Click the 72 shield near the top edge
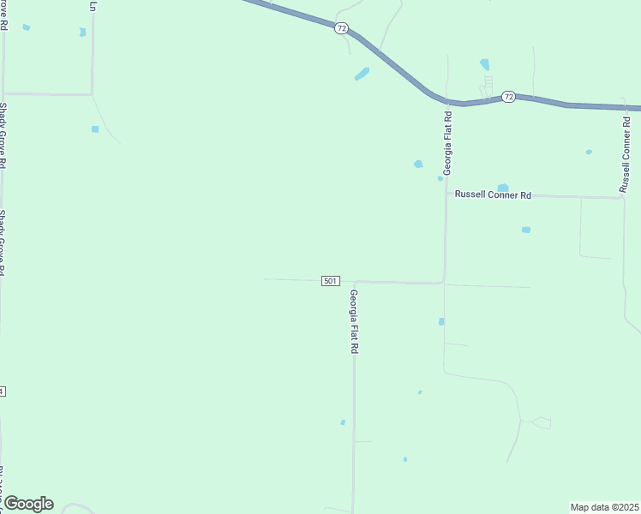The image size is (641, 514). point(342,28)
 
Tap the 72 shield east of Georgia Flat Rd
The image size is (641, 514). point(508,97)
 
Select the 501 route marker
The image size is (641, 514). point(331,281)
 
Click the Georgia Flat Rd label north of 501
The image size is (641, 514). point(447,142)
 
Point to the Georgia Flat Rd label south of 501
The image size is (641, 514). point(353,322)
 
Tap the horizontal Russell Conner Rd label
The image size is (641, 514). point(493,195)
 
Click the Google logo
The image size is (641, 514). point(28,504)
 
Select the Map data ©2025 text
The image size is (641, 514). point(605,507)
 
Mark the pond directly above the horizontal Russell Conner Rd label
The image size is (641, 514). point(503,188)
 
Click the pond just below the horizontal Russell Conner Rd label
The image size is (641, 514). point(525,230)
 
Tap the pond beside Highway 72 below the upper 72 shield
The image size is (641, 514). point(362,75)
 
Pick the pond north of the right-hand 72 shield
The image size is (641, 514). point(485,64)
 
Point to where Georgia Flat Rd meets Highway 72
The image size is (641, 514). point(446,99)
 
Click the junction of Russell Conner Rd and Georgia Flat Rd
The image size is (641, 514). point(446,194)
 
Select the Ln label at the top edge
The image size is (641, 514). point(93,5)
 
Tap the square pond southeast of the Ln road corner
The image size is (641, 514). point(95,129)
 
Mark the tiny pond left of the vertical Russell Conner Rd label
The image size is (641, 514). point(589,152)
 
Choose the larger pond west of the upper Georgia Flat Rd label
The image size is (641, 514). point(418,164)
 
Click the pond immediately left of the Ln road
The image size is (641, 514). point(82,33)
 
